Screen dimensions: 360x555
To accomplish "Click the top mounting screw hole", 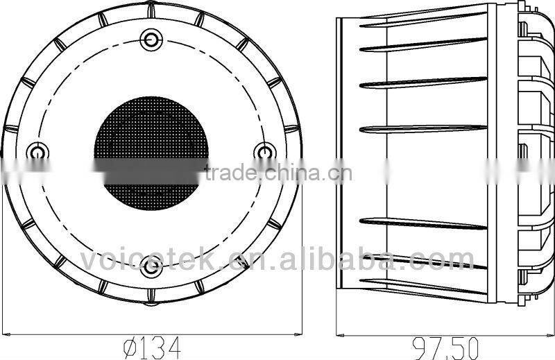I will coord(151,38).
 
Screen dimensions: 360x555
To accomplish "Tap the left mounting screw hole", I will coord(37,151).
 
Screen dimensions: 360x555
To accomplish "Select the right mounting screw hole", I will coord(265,151).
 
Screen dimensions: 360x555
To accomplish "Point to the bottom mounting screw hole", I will coord(151,266).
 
